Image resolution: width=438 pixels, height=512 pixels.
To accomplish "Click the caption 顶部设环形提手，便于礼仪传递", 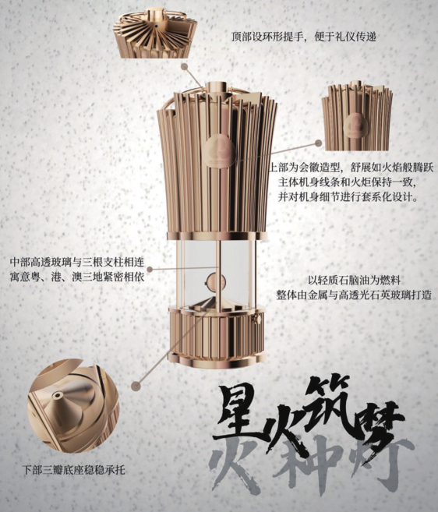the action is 304,37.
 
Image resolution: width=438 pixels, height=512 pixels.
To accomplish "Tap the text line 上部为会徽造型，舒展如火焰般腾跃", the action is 351,168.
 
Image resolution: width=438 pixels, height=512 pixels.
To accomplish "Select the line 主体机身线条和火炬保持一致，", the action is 347,182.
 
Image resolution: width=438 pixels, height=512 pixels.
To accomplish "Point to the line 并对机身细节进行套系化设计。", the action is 348,197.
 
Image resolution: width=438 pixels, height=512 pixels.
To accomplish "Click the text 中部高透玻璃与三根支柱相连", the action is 77,262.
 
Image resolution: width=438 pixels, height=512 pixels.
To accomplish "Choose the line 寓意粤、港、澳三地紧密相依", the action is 77,277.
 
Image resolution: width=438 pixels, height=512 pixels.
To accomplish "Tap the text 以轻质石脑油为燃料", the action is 355,281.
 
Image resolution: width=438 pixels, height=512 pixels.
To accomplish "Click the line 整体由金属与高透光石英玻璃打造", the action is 354,295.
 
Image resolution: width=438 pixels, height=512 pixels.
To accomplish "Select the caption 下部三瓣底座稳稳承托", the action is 74,471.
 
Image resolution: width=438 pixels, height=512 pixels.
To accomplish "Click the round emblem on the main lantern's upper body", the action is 219,151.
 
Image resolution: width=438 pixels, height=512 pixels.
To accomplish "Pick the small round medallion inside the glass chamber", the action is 216,281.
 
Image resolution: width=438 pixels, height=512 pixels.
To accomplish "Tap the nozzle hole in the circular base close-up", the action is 58,396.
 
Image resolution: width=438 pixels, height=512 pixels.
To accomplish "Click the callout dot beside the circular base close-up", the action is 136,386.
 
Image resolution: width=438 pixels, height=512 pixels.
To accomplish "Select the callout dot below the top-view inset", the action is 185,66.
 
